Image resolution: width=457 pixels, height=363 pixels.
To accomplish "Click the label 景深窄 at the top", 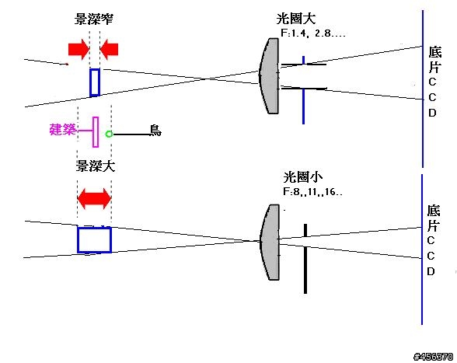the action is [x=94, y=19].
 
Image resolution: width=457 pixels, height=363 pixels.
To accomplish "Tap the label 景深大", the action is [x=96, y=166].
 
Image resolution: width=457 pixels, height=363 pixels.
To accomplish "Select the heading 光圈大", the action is [x=296, y=19].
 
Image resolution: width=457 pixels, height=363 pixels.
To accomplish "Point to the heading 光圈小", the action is [x=303, y=176].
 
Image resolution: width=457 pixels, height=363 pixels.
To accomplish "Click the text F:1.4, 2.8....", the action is [x=312, y=33].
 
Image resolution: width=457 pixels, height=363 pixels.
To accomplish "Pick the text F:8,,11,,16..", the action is [x=312, y=192].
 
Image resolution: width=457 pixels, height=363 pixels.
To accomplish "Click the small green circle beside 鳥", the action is [x=109, y=134].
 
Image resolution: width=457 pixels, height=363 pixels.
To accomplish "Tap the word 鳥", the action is [x=155, y=131].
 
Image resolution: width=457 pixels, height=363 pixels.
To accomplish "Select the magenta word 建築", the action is [x=63, y=130].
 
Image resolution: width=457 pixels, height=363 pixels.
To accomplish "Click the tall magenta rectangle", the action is [x=96, y=132].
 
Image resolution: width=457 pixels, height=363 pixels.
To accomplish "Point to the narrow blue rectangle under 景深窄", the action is [x=95, y=82].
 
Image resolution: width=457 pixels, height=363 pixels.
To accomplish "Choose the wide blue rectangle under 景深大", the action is [x=95, y=240].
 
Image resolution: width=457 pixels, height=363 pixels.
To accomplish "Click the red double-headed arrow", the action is [x=94, y=199].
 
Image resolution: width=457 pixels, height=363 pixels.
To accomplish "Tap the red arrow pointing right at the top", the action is [x=78, y=49].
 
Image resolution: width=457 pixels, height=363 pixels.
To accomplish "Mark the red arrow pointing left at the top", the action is [x=109, y=49].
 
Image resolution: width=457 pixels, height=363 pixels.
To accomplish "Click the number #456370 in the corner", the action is [x=434, y=356].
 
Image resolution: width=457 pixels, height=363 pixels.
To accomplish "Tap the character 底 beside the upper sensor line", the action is [x=435, y=52].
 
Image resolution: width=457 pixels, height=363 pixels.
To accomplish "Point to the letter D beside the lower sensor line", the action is [x=431, y=271].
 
